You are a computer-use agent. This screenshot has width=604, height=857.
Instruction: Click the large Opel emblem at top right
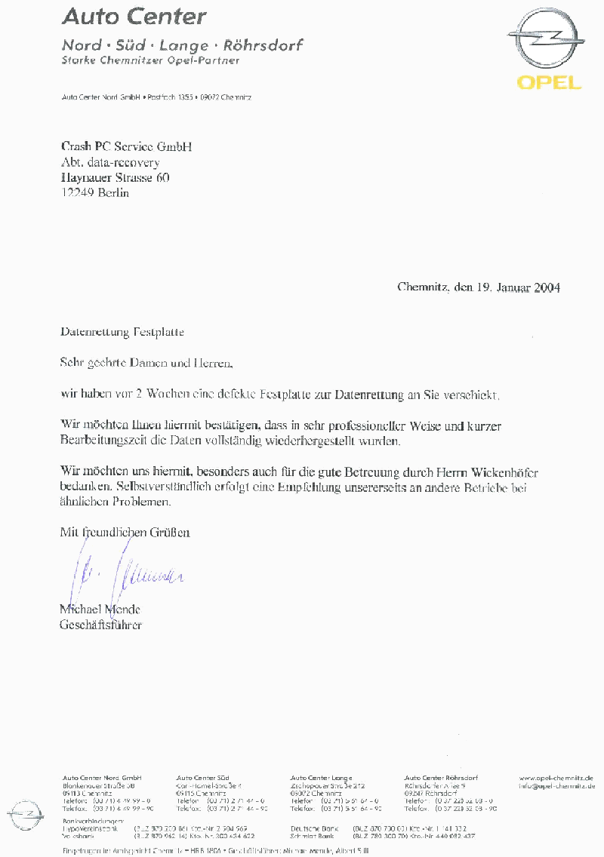click(546, 42)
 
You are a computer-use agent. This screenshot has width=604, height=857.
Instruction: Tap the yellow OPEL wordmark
click(549, 82)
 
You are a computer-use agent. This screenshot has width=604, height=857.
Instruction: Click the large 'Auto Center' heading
click(134, 17)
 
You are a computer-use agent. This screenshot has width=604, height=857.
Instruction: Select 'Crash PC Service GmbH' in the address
click(126, 146)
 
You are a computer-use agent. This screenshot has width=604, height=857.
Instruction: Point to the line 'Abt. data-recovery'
click(109, 162)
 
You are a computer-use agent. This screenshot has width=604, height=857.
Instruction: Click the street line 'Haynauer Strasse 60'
click(115, 178)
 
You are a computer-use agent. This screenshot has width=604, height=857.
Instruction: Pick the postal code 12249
click(76, 193)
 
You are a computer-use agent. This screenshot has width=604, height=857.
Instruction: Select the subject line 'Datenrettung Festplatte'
click(122, 332)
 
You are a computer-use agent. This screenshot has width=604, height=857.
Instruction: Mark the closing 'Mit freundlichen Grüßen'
click(125, 533)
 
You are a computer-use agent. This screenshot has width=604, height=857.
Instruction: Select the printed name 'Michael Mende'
click(100, 610)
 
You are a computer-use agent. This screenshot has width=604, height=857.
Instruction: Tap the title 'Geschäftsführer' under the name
click(100, 625)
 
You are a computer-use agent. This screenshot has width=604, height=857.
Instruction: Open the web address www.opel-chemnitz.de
click(556, 778)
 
